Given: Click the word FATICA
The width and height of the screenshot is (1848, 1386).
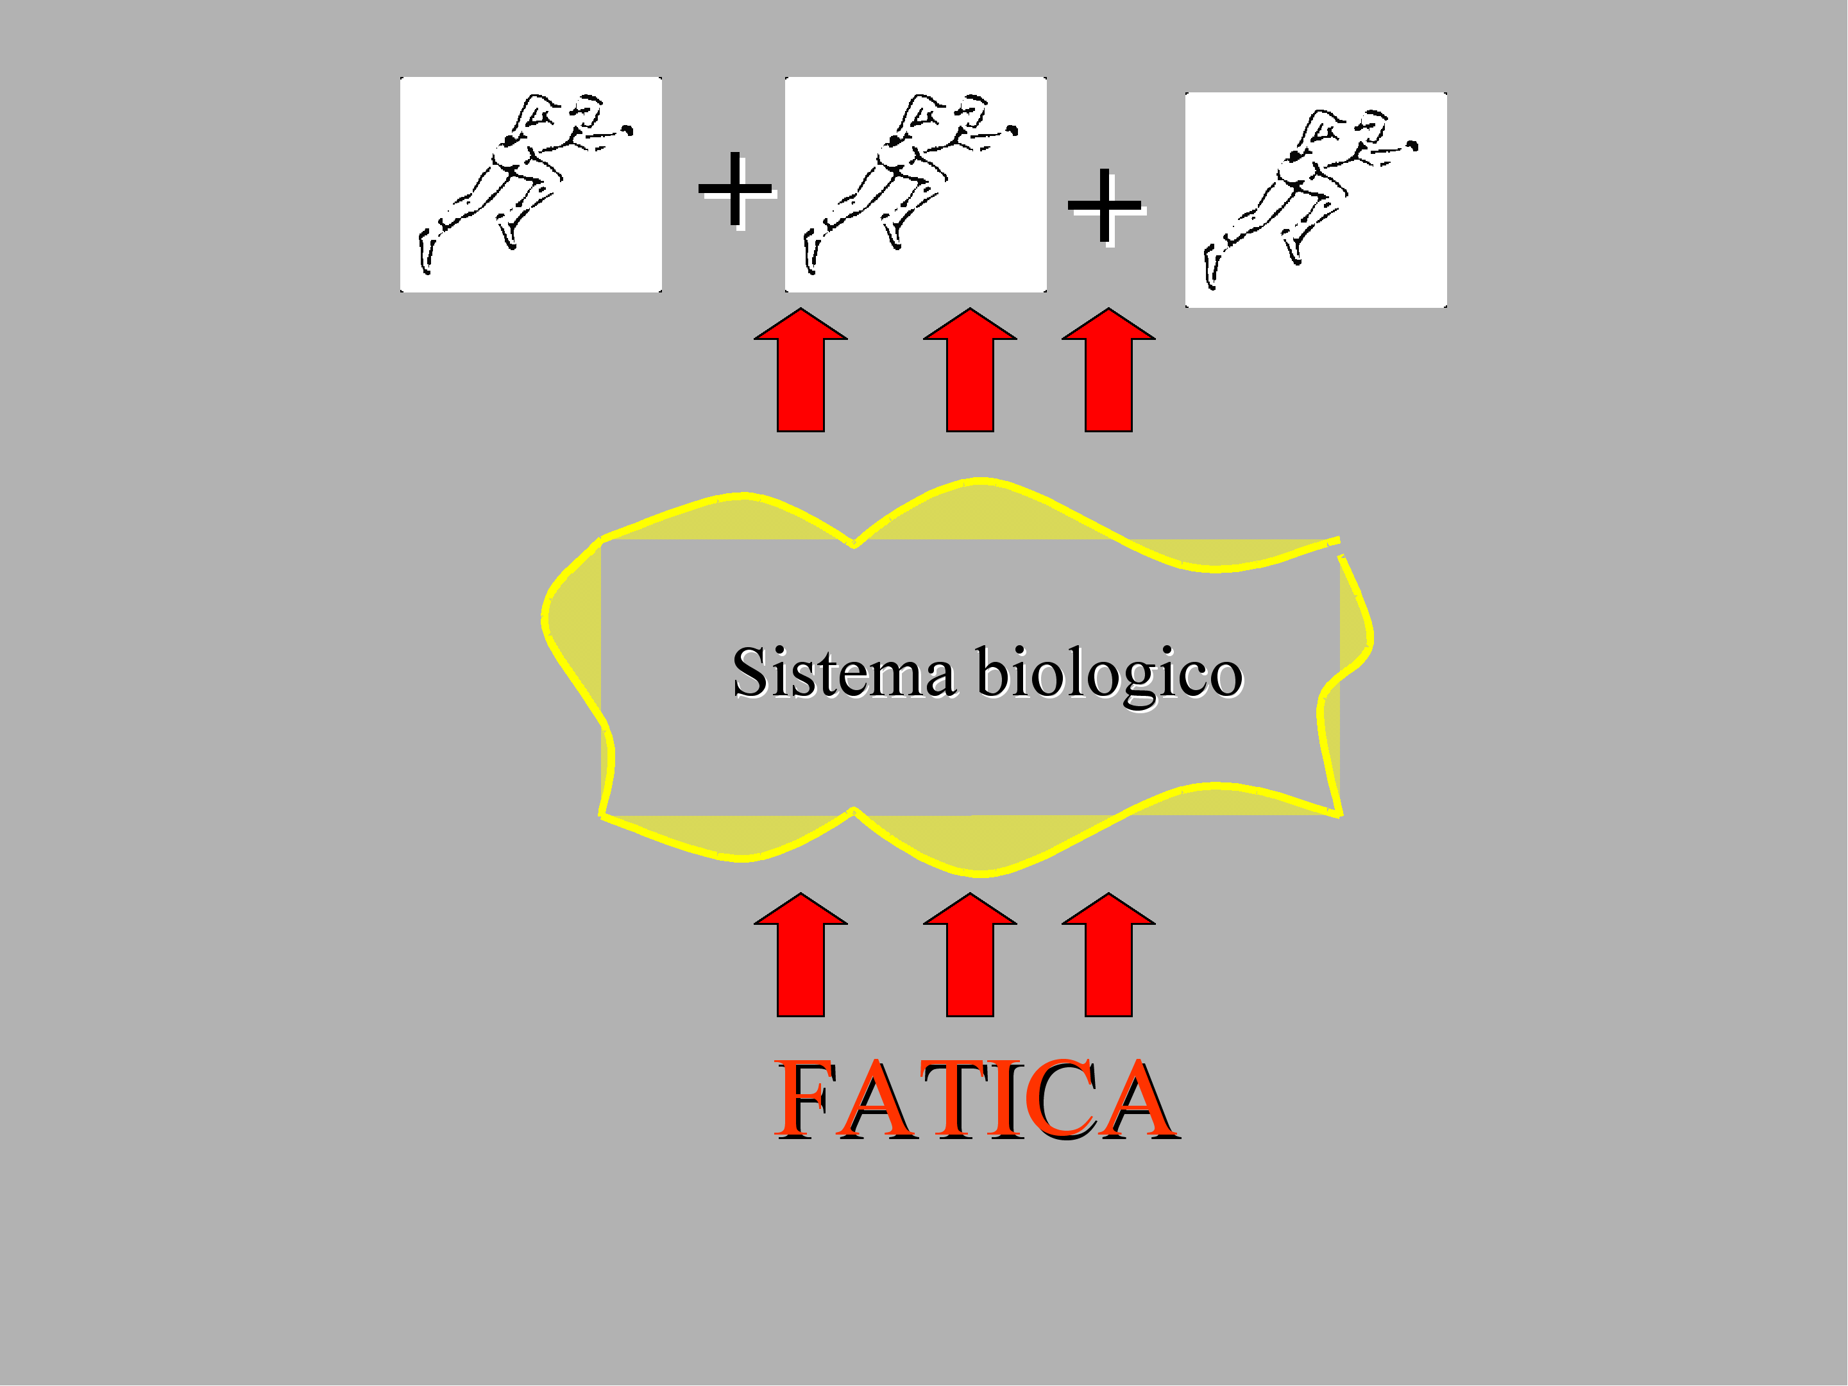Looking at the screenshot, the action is coord(977,1099).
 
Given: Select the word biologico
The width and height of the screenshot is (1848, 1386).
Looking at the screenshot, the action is coord(1110,675).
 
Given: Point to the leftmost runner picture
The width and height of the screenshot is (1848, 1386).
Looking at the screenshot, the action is coord(530,185).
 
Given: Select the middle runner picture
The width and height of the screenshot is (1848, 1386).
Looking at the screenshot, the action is coord(915,185).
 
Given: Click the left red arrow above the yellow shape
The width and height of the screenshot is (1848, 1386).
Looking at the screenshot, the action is coord(801,370).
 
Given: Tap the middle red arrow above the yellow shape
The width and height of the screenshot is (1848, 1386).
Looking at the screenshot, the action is coord(970,370).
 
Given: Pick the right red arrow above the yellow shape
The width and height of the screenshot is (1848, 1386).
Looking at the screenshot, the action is coord(1108,370).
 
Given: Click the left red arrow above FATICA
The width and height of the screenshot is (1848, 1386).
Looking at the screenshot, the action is coord(801,955).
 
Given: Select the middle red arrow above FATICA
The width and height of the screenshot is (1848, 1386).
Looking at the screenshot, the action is coord(970,955).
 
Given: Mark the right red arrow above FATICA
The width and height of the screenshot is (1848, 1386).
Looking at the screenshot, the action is coord(1108,955).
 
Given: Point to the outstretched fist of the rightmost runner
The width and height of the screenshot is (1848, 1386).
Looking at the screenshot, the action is coord(1412,146).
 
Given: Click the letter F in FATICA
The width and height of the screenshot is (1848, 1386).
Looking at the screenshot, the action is coord(803,1099).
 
